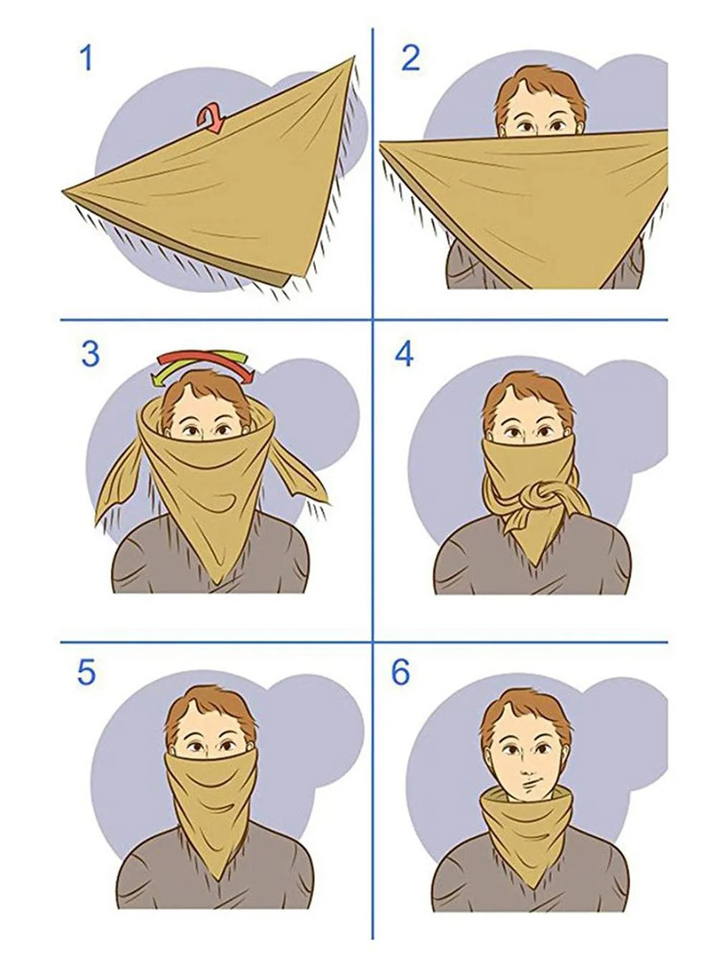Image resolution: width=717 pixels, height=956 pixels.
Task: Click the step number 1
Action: pyautogui.click(x=85, y=57)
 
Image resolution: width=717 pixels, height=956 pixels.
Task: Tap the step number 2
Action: pyautogui.click(x=410, y=57)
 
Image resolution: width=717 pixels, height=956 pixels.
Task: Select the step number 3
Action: pyautogui.click(x=90, y=354)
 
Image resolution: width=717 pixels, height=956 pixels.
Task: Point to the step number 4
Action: pyautogui.click(x=404, y=354)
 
